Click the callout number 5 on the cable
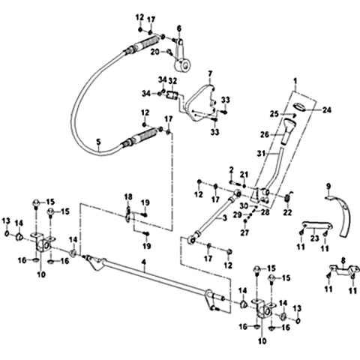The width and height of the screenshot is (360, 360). (98, 142)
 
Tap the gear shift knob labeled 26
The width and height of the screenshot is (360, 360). (289, 130)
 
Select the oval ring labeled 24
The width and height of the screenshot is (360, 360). (299, 106)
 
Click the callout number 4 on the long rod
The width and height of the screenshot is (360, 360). (143, 262)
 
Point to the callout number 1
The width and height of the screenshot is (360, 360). (295, 81)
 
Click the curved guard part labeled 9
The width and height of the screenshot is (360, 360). (344, 218)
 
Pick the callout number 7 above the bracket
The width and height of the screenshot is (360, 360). (210, 73)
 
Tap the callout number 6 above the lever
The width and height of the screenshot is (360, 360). (179, 28)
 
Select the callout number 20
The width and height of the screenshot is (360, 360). (156, 52)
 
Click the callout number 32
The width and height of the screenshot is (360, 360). (172, 81)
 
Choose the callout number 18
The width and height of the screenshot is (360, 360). (128, 196)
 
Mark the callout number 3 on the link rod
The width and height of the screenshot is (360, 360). (224, 218)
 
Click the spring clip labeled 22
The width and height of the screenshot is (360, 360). (287, 198)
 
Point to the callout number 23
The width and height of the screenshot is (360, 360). (314, 238)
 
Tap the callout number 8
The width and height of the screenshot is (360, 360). (343, 261)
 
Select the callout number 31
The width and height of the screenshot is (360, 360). (261, 153)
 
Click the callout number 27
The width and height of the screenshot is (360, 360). (244, 232)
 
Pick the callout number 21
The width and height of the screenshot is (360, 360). (244, 174)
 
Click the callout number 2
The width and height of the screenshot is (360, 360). (231, 170)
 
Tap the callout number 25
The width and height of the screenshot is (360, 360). (274, 114)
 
